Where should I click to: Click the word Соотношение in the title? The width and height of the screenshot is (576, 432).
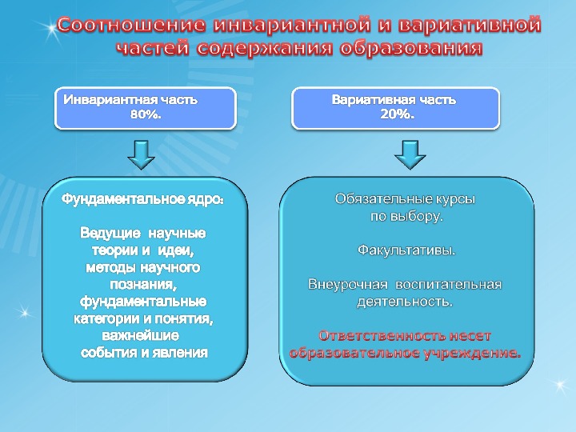coord(115,26)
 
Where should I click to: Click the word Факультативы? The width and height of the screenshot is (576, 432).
coord(406,250)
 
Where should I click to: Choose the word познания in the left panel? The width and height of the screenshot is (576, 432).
coord(143,285)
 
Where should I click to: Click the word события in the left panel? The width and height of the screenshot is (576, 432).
coord(109,352)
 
